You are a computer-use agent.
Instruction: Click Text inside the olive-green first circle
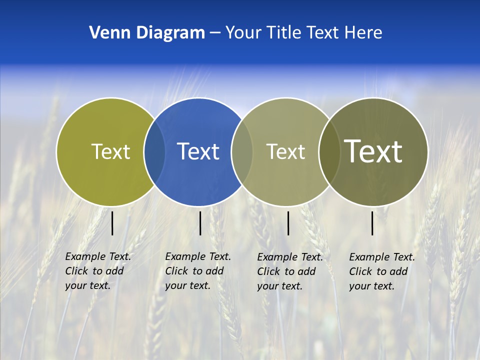click(110, 151)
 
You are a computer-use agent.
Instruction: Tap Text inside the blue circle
click(198, 151)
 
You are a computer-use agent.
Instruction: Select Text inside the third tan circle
click(285, 151)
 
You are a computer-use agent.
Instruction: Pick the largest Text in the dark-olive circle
click(373, 151)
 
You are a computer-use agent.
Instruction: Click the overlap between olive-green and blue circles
click(154, 151)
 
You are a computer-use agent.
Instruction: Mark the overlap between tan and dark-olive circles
click(329, 151)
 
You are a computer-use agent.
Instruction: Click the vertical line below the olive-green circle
click(112, 223)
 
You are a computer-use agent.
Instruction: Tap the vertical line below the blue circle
click(200, 223)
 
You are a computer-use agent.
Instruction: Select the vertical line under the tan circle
click(288, 223)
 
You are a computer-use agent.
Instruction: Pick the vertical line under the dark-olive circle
click(372, 223)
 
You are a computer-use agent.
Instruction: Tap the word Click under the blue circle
click(176, 271)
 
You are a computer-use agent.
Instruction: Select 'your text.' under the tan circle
click(279, 286)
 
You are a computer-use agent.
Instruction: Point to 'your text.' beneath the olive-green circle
click(87, 285)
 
